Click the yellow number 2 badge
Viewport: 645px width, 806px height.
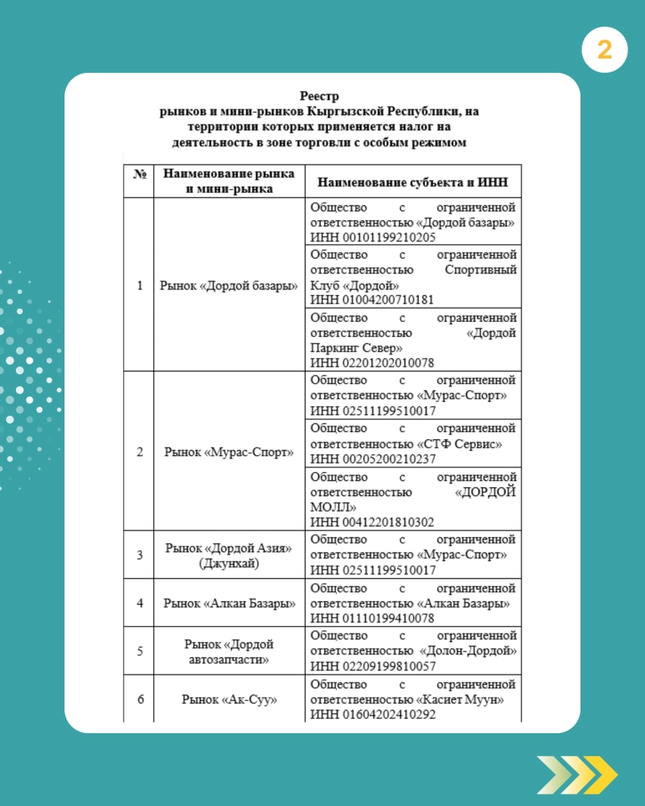click(605, 50)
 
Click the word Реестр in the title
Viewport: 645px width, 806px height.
click(319, 96)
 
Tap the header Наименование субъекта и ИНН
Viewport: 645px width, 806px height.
click(413, 182)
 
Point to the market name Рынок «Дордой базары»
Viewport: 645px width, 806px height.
click(228, 286)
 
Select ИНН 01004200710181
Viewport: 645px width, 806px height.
click(373, 300)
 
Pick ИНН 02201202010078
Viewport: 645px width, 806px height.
click(373, 363)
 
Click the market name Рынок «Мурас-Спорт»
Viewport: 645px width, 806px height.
click(228, 452)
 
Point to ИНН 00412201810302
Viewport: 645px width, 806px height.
click(373, 522)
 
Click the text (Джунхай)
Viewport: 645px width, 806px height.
click(228, 563)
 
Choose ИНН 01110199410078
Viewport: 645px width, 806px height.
click(373, 619)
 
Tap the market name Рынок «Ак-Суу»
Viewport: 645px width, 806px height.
click(228, 699)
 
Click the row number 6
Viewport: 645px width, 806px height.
click(140, 699)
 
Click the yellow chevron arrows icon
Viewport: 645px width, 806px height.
click(577, 774)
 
